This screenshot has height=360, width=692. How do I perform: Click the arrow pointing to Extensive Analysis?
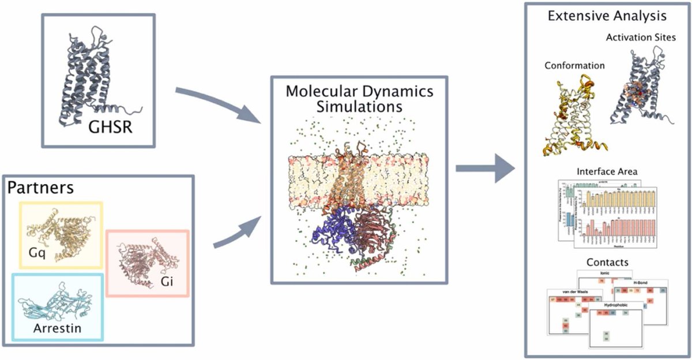[x=484, y=169]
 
